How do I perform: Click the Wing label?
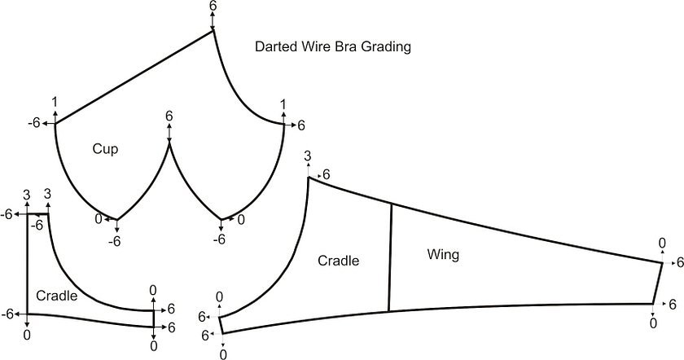tap(443, 255)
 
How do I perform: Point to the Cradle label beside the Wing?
tap(339, 261)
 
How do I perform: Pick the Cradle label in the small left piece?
tap(57, 296)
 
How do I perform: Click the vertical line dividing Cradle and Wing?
tap(391, 257)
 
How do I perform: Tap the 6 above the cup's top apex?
tap(213, 6)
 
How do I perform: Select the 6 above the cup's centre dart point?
tap(169, 116)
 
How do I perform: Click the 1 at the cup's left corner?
tap(55, 103)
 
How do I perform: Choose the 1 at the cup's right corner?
tap(283, 104)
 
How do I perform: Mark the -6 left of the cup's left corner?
tap(33, 123)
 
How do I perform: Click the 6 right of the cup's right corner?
tap(300, 125)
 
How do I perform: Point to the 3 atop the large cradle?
tap(307, 156)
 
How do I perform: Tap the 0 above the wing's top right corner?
tap(662, 243)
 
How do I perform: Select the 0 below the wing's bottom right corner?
tap(653, 323)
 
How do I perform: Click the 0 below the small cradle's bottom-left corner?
tap(28, 335)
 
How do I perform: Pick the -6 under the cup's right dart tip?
tap(219, 240)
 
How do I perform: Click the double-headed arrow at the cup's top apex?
tap(213, 22)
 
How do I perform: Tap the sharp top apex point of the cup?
tap(213, 32)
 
